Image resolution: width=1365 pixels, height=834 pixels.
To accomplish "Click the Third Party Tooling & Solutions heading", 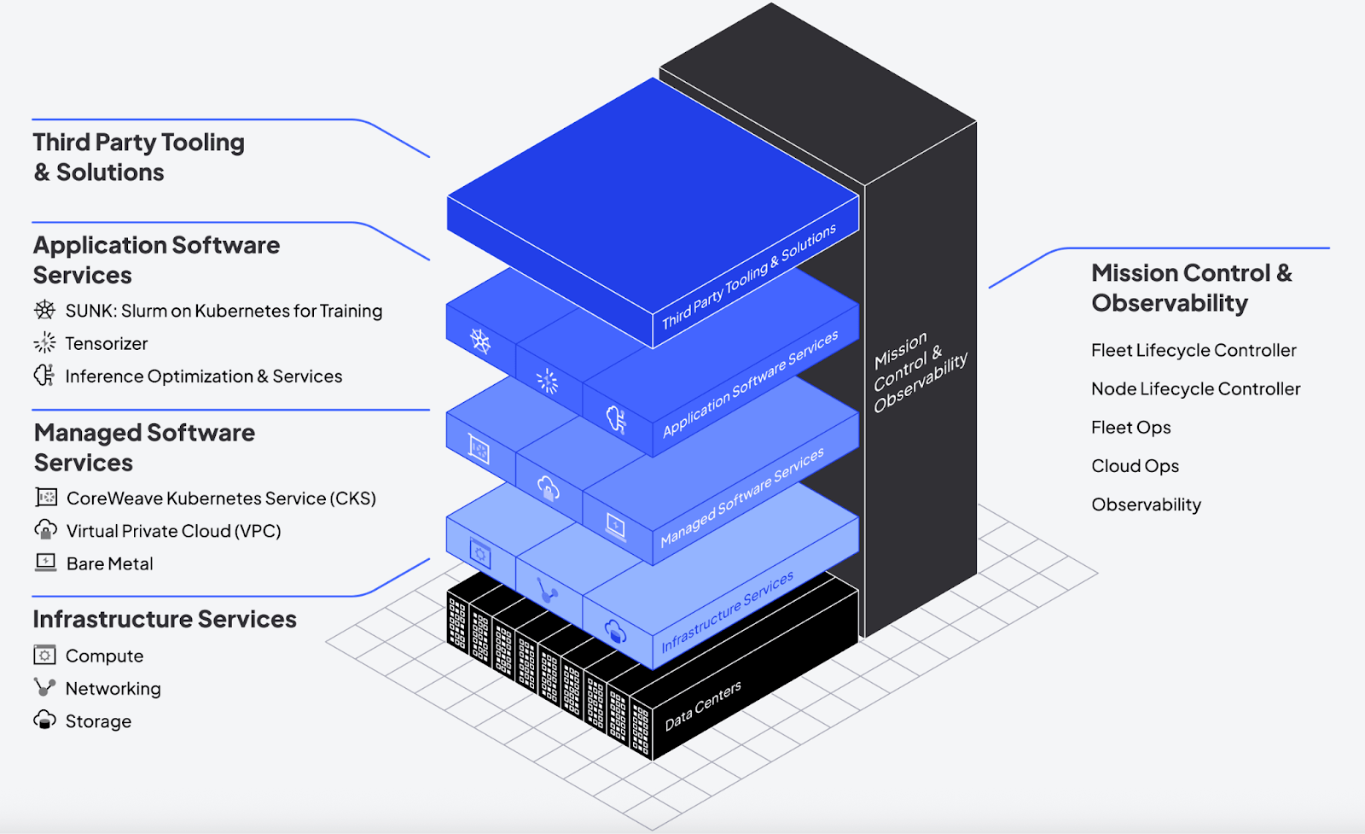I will pos(139,157).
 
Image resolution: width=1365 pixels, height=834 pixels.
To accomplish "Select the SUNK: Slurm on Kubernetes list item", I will pos(224,311).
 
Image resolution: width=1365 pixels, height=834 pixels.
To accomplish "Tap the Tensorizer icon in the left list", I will pos(44,343).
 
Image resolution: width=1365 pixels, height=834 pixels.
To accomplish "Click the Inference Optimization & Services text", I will pos(203,376).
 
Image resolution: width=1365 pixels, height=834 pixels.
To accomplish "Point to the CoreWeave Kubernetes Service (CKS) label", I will pos(221,498).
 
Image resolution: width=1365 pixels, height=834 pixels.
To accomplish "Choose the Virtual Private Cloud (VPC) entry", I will pos(173,531).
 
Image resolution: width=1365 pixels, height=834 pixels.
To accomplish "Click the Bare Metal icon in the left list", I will pos(45,563).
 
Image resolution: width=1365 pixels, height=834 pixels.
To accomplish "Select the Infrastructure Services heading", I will pos(165,619).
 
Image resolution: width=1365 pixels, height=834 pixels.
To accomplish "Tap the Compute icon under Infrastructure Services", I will pos(44,656).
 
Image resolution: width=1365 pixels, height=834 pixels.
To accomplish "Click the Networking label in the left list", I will pos(113,689).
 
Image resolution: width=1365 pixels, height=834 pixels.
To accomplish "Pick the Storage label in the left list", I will pos(98,721).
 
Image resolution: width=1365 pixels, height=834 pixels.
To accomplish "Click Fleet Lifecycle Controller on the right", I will pos(1194,350).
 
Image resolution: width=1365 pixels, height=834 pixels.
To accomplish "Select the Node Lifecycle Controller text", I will pos(1195,389).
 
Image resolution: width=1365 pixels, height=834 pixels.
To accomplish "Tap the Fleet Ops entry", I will pos(1130,428).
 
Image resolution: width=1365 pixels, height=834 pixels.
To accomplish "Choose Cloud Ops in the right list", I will pos(1135,466).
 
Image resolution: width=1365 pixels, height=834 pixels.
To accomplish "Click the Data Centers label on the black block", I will pos(703,705).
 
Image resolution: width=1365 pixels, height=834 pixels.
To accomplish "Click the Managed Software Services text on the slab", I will pos(742,497).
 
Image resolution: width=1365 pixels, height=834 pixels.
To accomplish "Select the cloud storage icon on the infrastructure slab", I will pos(614,633).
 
